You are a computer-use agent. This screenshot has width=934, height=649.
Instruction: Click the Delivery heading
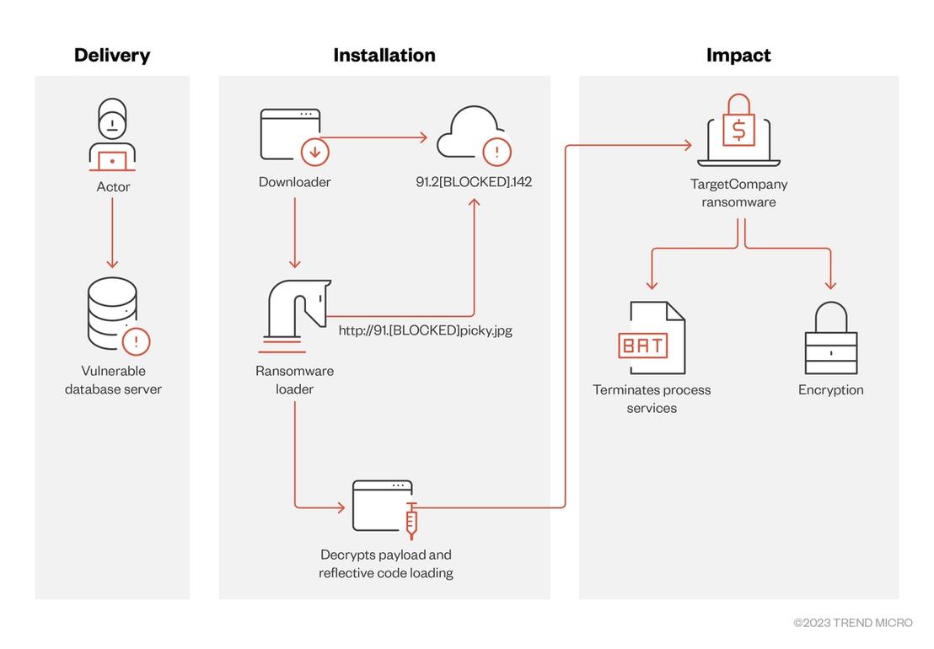(112, 56)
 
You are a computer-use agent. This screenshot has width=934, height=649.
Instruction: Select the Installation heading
(384, 56)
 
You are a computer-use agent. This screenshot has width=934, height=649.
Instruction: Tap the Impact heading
(738, 56)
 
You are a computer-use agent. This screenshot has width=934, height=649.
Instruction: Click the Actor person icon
(112, 135)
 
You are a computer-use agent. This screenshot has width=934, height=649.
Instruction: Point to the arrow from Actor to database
(112, 233)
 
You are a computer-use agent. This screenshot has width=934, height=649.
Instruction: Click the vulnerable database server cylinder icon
(112, 314)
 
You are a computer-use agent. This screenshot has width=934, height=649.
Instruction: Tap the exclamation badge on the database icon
(136, 341)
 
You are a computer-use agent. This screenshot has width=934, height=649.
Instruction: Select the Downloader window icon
(290, 135)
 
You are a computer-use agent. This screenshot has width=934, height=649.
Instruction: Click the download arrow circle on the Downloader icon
(315, 152)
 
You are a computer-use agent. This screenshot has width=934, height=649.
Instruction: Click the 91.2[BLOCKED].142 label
(474, 181)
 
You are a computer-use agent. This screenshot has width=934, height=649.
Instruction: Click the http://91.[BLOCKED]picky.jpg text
(426, 330)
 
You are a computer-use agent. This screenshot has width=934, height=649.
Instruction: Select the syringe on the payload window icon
(411, 521)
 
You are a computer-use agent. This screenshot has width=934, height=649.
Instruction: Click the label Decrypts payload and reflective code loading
(386, 563)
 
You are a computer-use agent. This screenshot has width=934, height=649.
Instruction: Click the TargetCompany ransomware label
(738, 193)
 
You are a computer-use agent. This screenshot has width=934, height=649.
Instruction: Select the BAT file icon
(652, 338)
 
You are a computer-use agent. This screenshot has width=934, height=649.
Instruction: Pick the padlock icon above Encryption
(831, 338)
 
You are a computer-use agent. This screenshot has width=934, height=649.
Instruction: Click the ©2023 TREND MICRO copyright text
(853, 623)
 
